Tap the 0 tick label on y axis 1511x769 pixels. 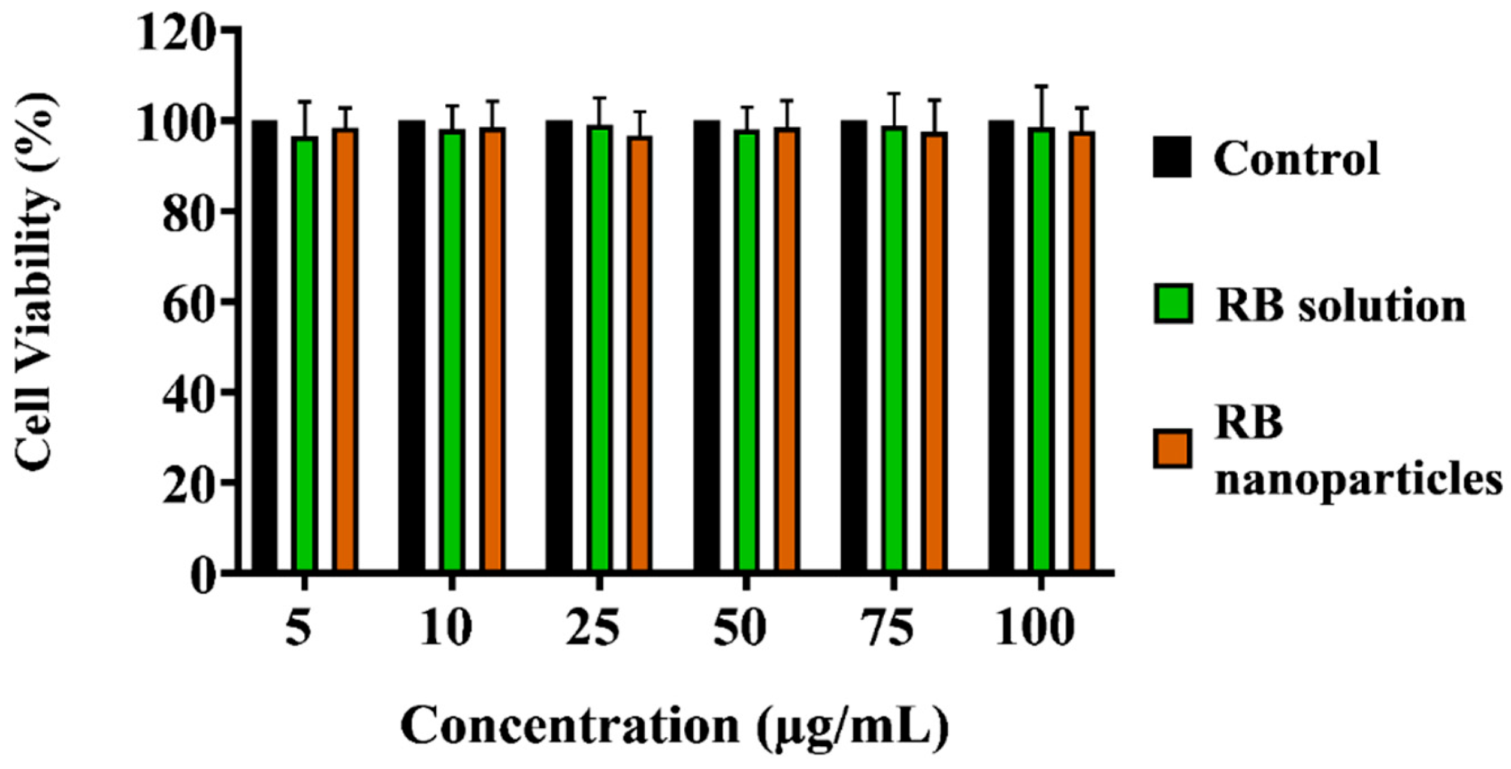coord(203,577)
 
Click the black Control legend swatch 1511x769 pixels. coord(1172,157)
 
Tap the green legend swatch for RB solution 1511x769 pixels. coord(1173,304)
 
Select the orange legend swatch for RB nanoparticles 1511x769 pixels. coord(1173,449)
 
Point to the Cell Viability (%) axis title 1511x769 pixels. coord(36,281)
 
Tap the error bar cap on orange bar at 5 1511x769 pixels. coord(345,108)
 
